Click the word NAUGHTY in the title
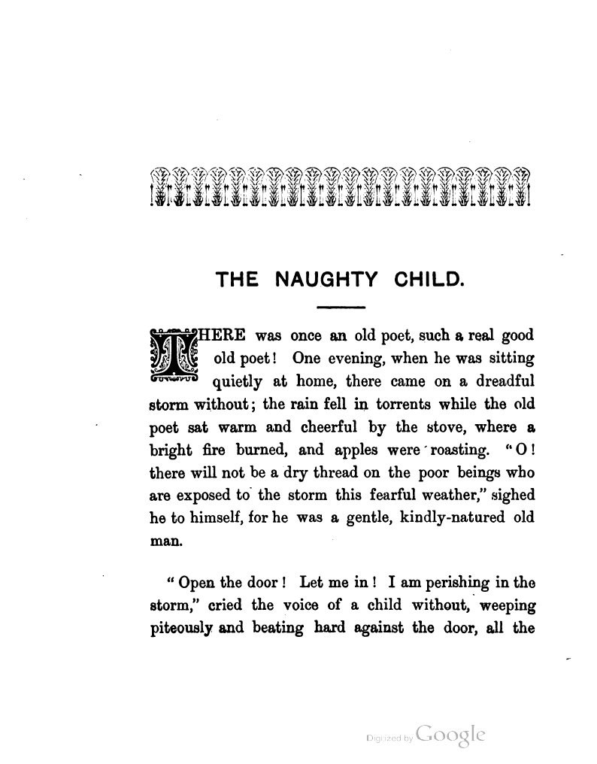[326, 281]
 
